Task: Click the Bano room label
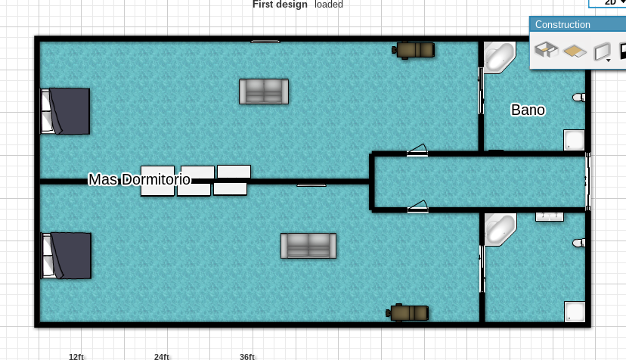pos(528,110)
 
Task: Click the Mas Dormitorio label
pos(139,179)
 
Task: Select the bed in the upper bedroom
pos(65,111)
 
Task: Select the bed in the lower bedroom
pos(67,256)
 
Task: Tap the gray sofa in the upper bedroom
pos(264,92)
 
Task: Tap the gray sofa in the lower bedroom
pos(308,246)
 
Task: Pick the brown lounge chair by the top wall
pos(414,50)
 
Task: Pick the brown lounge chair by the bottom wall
pos(408,313)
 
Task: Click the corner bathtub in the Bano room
pos(499,57)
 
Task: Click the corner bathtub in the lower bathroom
pos(500,229)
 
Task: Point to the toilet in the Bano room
pos(578,97)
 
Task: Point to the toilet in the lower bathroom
pos(578,243)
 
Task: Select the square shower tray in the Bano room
pos(574,140)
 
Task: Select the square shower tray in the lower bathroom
pos(575,312)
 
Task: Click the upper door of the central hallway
pos(417,150)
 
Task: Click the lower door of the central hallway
pos(417,206)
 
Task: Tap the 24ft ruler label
pos(162,356)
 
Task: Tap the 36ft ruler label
pos(247,356)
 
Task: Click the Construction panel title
pos(562,24)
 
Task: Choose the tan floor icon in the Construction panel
pos(575,51)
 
